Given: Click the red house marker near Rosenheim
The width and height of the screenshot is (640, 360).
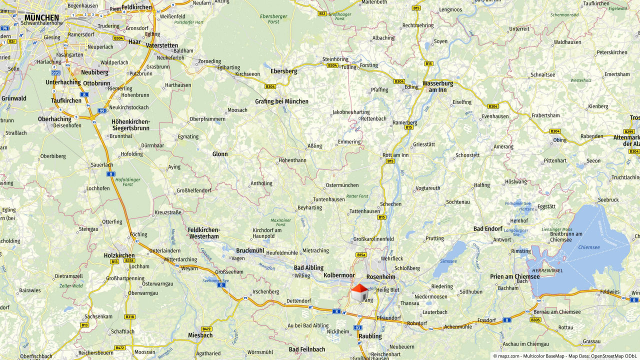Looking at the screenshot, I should [358, 292].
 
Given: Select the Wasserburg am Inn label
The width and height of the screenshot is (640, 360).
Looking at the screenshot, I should [437, 86].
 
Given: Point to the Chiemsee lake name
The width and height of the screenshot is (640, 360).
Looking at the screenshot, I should [588, 247].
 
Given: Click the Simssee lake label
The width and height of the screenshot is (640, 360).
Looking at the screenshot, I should [448, 261].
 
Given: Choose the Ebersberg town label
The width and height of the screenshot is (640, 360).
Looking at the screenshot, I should [283, 71].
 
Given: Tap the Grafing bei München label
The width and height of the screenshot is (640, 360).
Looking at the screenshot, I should [281, 101].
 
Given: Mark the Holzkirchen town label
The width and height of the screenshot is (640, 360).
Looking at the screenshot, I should [119, 255].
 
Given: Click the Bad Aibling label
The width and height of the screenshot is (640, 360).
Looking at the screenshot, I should [308, 268].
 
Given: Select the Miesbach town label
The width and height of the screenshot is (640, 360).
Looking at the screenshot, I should [200, 335].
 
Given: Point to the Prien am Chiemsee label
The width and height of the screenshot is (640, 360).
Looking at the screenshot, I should [514, 277].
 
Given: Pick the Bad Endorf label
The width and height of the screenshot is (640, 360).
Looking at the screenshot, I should [487, 229].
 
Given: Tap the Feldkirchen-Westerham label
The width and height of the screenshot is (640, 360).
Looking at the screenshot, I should [203, 233].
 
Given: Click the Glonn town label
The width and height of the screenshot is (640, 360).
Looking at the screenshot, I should [220, 154].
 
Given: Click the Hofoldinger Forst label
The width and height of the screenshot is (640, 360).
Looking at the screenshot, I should [127, 182].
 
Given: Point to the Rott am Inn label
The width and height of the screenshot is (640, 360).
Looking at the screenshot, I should [395, 155].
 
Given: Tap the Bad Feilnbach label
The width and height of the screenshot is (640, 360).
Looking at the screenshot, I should [306, 349].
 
